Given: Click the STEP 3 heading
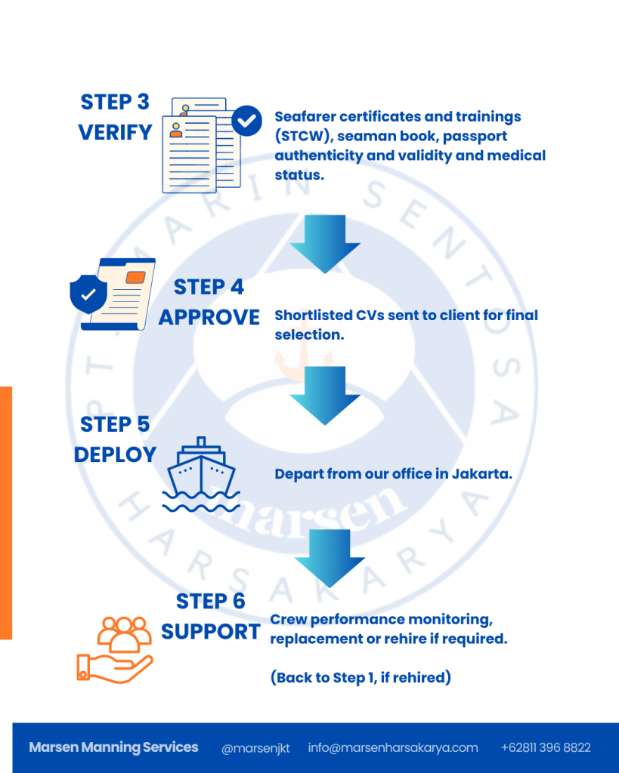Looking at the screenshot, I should click(x=115, y=102).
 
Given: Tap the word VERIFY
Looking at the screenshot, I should click(x=115, y=133).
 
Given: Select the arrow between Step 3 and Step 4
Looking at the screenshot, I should click(x=325, y=243).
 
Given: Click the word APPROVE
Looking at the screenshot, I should click(x=209, y=317).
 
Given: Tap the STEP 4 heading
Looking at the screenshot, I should click(x=209, y=287).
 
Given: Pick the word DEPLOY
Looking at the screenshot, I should click(x=115, y=455).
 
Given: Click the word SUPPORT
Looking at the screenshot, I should click(x=211, y=632).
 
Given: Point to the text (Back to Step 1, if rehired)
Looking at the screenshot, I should click(x=361, y=678).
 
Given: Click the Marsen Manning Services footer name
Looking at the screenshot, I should click(x=113, y=747).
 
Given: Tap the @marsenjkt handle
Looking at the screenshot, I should click(x=255, y=748).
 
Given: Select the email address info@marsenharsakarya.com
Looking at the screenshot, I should click(x=393, y=748).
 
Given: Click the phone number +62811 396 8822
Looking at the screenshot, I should click(x=546, y=748).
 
